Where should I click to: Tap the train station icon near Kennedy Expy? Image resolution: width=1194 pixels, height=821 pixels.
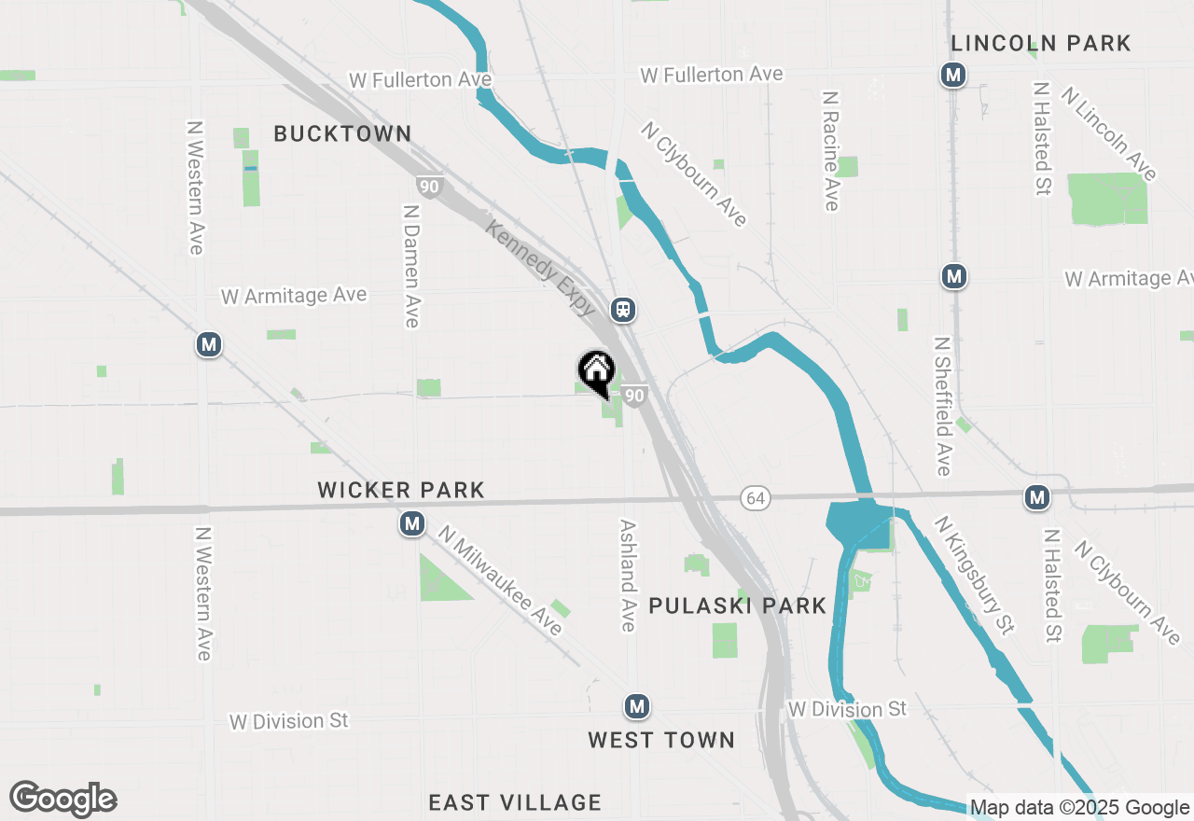point(623,310)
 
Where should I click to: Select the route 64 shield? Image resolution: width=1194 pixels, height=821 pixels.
point(756,498)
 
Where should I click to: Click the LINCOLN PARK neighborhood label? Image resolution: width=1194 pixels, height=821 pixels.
point(1040,43)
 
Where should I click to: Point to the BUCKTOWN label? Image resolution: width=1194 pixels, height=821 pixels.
point(342,133)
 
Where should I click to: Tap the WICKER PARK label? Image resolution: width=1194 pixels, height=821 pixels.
point(401,490)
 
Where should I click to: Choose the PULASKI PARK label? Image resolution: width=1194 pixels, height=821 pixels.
point(737,605)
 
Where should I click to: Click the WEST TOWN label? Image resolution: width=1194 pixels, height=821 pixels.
point(661,740)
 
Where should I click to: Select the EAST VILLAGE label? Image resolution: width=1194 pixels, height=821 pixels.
point(515,802)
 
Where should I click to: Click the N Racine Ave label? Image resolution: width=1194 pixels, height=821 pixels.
point(831,150)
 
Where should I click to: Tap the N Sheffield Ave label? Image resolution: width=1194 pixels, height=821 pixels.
point(942,406)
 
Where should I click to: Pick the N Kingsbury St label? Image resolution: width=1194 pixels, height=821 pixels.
point(975,576)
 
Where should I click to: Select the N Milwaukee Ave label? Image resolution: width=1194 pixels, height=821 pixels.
point(502,581)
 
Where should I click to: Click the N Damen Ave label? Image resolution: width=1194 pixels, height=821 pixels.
point(411,266)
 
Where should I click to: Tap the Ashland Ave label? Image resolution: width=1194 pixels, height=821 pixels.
point(628,575)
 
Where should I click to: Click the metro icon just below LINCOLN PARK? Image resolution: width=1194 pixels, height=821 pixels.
point(952,75)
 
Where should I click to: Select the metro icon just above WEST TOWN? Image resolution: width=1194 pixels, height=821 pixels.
point(637,706)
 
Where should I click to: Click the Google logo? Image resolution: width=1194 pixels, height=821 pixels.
point(62,799)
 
